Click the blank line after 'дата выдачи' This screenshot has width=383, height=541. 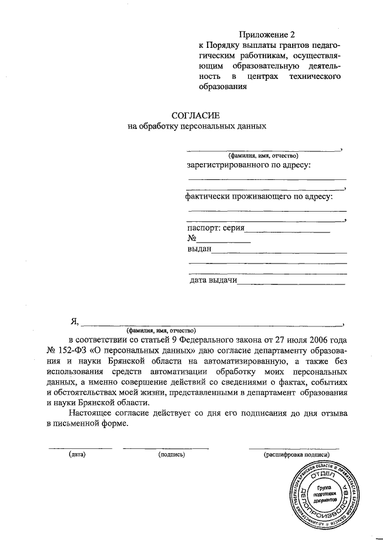tap(292, 283)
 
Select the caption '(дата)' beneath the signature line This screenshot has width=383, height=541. tap(78, 455)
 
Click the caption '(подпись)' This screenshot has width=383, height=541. tap(171, 455)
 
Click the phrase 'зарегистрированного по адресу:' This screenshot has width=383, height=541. tap(249, 164)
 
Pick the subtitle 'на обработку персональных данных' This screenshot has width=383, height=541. tap(197, 126)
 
